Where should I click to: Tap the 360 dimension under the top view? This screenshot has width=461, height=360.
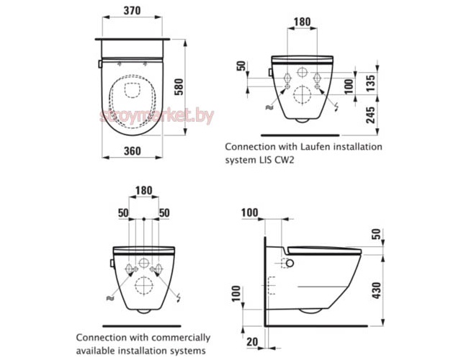[130, 151]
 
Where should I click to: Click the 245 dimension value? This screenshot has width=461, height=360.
[370, 114]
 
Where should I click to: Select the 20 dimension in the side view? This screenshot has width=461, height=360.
[252, 343]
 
